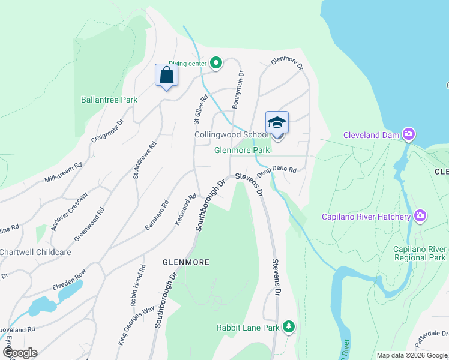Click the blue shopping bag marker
[x=166, y=76]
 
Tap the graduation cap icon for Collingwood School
[x=277, y=122]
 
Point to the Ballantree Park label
[x=109, y=100]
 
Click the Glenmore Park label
[x=243, y=150]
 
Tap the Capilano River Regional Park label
[x=419, y=253]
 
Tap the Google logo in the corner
[x=19, y=353]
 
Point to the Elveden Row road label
[x=69, y=280]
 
